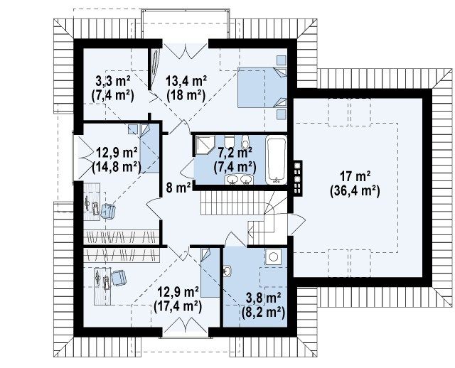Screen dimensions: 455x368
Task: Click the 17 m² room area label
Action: (355, 176)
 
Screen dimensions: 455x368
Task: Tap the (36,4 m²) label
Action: (355, 191)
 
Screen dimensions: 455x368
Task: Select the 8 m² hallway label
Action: (178, 188)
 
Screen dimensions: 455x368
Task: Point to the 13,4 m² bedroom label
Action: (186, 80)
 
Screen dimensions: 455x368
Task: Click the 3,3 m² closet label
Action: (112, 80)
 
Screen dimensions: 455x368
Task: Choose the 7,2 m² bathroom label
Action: (235, 153)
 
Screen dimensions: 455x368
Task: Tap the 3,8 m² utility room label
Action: (263, 298)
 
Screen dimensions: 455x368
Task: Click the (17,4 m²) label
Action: (178, 306)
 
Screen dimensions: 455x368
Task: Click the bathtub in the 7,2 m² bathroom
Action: (276, 160)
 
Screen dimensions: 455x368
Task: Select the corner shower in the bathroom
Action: (205, 144)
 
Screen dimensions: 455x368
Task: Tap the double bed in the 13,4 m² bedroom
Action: (262, 87)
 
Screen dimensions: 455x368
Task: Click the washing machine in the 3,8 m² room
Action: (272, 256)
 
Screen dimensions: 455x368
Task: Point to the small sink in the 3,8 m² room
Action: (227, 271)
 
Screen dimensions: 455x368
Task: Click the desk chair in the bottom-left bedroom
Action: (119, 278)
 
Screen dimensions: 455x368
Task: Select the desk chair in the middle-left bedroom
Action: (107, 211)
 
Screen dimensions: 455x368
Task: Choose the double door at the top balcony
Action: (185, 50)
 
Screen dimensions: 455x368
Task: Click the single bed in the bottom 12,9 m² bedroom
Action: (210, 273)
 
